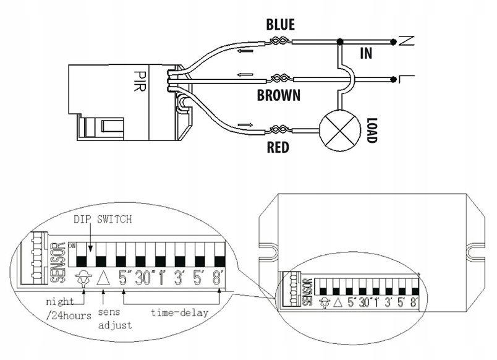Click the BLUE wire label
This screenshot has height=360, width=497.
(x=280, y=25)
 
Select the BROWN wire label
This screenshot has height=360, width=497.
(x=278, y=95)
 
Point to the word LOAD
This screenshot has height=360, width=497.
(x=370, y=131)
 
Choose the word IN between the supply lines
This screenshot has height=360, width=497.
(x=366, y=54)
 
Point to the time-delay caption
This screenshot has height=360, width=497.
(x=179, y=312)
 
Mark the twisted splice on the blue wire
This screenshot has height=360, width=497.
(x=279, y=41)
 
